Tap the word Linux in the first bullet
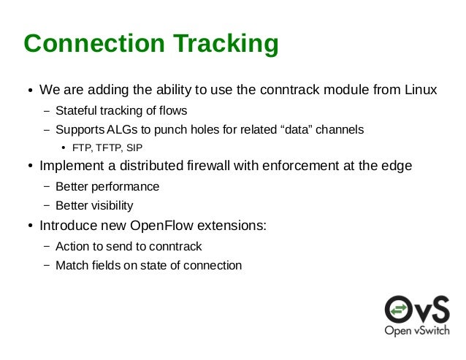coord(421,91)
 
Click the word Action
coord(72,246)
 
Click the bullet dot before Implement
coord(30,167)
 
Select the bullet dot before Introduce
coord(30,226)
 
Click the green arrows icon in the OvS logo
coord(399,309)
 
